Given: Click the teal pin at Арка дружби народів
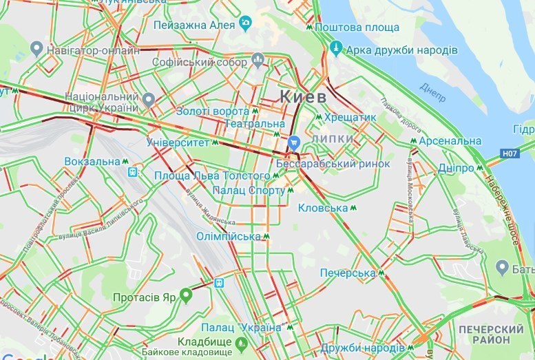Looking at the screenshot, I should point(336,48).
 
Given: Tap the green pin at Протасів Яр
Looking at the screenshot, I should point(185,297).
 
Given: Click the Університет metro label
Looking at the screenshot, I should point(178,142).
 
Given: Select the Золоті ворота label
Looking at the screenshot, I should point(212,111).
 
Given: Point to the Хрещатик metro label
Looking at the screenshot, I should point(350,117).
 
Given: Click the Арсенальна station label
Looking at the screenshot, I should point(451,141).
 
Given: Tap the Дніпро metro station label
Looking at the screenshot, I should point(455,168).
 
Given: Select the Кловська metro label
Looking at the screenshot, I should point(323,207).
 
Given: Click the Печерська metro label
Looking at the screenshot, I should point(348,273).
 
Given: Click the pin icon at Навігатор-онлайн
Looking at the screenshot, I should point(37,48).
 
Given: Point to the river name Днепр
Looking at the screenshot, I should point(433,91).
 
